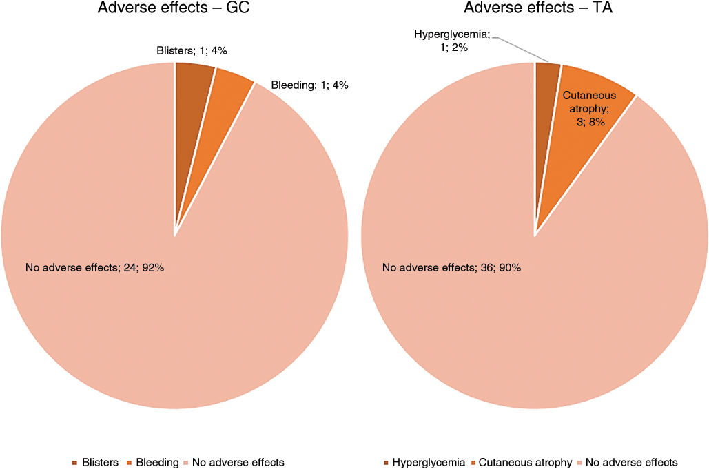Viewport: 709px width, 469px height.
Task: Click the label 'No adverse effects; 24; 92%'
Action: click(x=94, y=267)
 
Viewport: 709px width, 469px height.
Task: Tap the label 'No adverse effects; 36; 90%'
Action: click(x=451, y=267)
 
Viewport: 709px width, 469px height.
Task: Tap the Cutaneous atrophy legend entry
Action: click(x=525, y=462)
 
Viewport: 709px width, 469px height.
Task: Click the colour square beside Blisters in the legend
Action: click(x=74, y=463)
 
